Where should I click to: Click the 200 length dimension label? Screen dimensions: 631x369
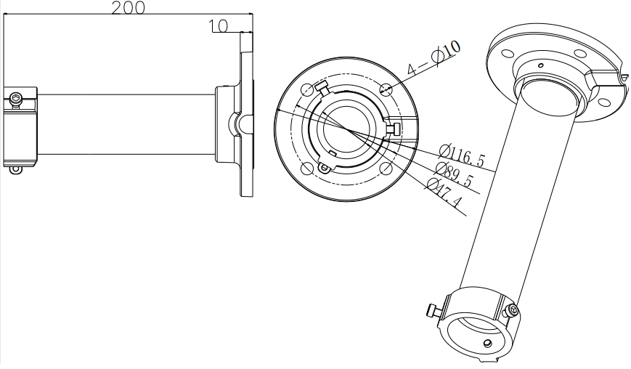point(128,8)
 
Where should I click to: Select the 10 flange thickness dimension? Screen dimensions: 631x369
point(219,26)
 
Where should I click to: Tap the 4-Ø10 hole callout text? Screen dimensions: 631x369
point(433,58)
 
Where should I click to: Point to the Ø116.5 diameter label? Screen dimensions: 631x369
point(462,155)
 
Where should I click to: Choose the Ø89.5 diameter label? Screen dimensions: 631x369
point(454,174)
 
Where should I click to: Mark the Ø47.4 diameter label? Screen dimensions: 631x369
point(444,192)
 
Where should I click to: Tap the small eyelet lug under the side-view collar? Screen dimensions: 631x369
point(16,170)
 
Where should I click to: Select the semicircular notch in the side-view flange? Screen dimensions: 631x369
point(234,125)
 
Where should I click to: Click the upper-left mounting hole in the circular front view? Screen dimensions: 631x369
point(306,89)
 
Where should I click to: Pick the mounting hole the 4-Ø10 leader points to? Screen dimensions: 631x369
point(386,89)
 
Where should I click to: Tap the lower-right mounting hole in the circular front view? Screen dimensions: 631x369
point(386,169)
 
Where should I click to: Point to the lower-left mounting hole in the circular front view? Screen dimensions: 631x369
point(306,169)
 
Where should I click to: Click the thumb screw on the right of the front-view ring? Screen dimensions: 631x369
point(394,129)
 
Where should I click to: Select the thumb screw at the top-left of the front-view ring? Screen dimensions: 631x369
point(322,87)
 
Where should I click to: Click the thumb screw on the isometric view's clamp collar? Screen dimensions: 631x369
point(433,310)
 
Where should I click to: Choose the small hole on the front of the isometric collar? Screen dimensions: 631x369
point(488,343)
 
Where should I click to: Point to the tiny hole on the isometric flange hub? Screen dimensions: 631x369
point(541,65)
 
